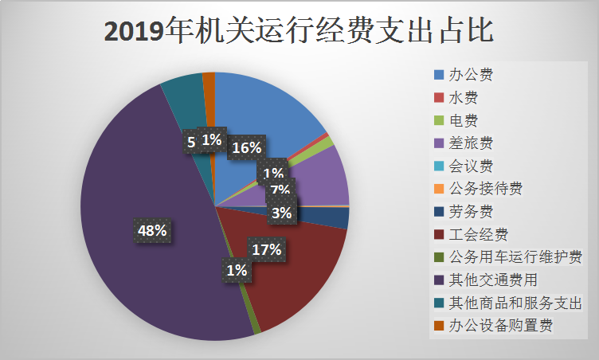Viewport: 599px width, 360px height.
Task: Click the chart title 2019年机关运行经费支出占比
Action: pyautogui.click(x=299, y=31)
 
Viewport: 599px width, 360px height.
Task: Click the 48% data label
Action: pyautogui.click(x=153, y=231)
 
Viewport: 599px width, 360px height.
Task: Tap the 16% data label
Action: pyautogui.click(x=246, y=148)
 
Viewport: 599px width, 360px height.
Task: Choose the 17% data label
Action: pyautogui.click(x=266, y=249)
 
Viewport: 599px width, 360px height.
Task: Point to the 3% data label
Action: pyautogui.click(x=281, y=213)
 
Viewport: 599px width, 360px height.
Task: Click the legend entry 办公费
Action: pyautogui.click(x=471, y=76)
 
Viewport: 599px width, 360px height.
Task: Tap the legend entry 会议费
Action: pyautogui.click(x=471, y=166)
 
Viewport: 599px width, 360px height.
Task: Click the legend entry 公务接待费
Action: pyautogui.click(x=485, y=189)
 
